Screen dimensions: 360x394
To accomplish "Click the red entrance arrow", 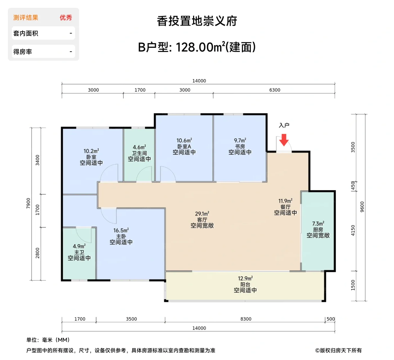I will [284, 140].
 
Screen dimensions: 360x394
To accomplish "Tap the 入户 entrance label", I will [284, 125].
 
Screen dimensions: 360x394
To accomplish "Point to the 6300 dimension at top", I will [275, 90].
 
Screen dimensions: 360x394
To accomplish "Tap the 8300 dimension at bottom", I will [246, 319].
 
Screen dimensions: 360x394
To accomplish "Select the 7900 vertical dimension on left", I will [28, 203].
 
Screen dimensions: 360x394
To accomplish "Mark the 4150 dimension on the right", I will [353, 231].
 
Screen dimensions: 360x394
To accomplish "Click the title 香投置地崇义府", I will [197, 21].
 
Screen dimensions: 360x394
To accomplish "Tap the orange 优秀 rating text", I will [66, 18].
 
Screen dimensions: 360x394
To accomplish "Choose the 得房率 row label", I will [23, 52].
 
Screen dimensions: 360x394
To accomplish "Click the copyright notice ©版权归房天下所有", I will [338, 350].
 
